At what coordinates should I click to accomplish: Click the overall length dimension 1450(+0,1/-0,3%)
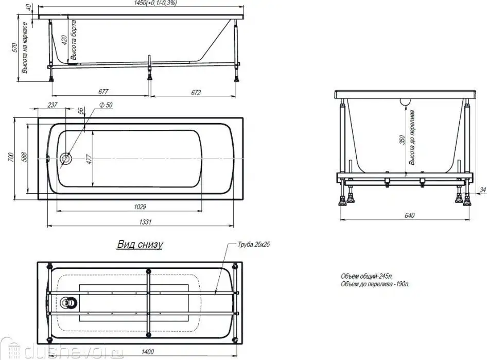pos(155,3)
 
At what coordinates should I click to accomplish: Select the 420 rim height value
pos(64,40)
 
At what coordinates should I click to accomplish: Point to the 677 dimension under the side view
pos(103,91)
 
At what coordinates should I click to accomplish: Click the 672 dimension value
pos(196,92)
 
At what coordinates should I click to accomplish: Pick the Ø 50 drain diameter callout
pos(106,105)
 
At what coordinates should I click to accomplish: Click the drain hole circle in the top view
pos(66,159)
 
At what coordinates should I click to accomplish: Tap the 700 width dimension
pos(11,158)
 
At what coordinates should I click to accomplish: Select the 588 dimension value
pos(24,157)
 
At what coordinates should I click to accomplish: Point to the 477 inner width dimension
pos(89,159)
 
